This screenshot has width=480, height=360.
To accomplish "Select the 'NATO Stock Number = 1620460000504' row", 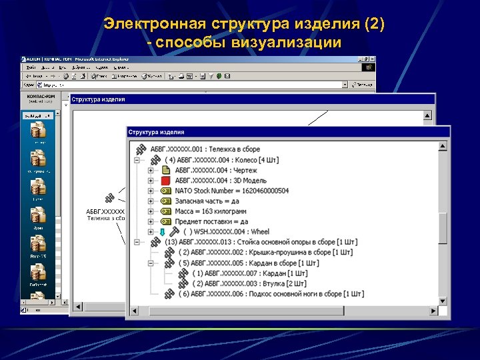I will tap(232, 191).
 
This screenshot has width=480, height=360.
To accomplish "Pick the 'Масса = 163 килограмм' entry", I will tap(217, 211).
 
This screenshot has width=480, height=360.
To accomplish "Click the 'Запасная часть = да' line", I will tap(211, 201).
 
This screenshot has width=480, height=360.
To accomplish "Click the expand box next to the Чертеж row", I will tap(151, 170).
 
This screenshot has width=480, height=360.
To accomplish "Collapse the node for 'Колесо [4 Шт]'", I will tap(137, 159).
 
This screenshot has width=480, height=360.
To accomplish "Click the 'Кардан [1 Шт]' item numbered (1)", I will tap(250, 273).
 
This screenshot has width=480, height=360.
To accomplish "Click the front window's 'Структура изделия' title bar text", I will tap(156, 132).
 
